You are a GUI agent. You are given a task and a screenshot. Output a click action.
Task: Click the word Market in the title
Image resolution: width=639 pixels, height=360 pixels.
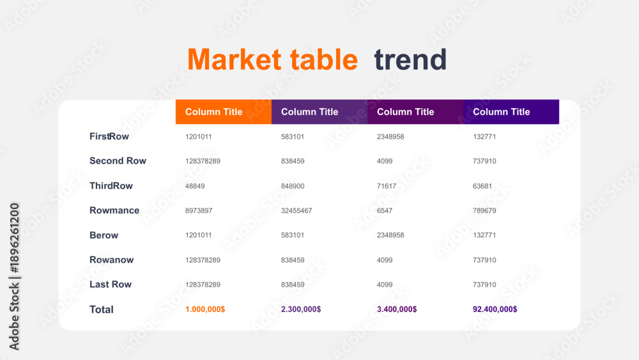235,59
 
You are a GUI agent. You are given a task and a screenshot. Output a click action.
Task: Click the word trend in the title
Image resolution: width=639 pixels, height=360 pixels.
410,59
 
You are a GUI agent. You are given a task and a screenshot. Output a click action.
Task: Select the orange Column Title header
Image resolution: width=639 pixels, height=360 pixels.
224,112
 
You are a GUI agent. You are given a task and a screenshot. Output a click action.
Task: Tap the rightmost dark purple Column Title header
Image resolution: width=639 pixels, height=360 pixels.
511,112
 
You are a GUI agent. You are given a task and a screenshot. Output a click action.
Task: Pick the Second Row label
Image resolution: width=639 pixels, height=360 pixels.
118,160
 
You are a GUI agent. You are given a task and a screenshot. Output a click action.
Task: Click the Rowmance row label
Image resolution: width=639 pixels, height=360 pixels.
114,210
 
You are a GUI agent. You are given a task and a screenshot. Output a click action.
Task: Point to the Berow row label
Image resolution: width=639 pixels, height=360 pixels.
104,235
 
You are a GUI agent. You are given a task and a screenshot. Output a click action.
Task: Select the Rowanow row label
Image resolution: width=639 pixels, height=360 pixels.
112,260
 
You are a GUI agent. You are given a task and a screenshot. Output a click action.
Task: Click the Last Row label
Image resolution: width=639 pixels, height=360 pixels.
111,284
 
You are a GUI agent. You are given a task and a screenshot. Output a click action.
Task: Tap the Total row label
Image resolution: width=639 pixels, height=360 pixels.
102,309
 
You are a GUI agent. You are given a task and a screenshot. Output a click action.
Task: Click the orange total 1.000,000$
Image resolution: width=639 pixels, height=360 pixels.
205,309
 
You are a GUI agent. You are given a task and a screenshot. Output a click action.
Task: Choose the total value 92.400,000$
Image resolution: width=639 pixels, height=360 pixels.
495,309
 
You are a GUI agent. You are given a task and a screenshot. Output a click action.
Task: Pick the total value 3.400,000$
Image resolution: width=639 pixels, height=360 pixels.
397,309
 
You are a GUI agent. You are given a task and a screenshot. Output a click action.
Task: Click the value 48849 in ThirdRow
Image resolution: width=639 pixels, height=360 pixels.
195,186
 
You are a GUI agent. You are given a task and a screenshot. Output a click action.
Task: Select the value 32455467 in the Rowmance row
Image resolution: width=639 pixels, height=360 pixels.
296,210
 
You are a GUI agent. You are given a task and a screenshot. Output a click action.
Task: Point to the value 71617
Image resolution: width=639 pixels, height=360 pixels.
387,186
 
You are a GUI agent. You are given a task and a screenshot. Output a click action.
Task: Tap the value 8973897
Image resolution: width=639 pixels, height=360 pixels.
199,210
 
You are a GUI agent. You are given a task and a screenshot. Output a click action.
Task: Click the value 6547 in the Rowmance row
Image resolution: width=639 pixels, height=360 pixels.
384,210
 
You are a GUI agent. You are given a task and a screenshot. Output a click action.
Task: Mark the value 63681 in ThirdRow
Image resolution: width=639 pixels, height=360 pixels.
482,186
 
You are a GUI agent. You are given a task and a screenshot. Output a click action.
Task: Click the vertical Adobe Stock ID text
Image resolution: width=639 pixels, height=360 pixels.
14,276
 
